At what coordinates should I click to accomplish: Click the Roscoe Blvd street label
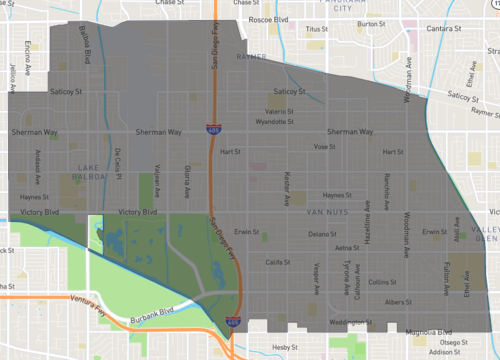tap(268, 19)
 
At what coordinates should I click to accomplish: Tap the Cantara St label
tap(442, 28)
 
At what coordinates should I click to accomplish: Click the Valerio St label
tap(280, 110)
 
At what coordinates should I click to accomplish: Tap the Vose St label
tap(323, 146)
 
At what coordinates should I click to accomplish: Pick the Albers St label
tap(397, 301)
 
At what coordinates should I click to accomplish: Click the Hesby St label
tap(286, 346)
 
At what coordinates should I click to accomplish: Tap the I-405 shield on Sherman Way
tap(214, 130)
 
